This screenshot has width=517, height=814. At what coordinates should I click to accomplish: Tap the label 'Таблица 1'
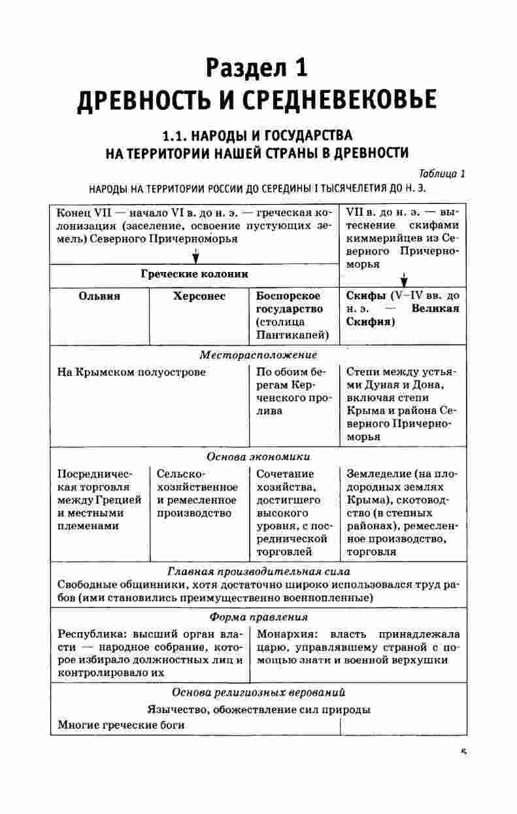442,173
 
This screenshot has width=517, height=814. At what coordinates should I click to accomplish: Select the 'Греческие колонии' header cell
194,274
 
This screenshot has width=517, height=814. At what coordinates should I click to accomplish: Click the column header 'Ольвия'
99,296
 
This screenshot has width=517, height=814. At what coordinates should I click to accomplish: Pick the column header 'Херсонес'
199,296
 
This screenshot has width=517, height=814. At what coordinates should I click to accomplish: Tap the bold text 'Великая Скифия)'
402,315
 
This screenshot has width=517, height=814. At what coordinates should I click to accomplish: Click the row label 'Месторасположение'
258,355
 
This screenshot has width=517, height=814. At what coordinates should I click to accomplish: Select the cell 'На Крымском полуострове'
131,372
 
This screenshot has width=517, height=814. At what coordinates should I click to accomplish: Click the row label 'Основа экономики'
258,456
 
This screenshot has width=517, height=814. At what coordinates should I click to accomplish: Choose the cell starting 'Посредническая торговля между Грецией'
99,500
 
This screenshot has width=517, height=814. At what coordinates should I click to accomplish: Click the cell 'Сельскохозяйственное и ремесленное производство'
197,493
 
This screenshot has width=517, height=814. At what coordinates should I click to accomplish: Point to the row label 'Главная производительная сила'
258,571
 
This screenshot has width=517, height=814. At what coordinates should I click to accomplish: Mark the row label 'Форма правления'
258,617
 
